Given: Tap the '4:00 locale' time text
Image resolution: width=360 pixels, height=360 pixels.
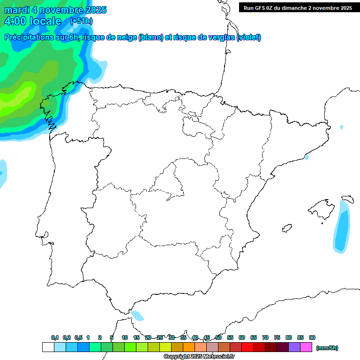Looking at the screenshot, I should [x=33, y=21].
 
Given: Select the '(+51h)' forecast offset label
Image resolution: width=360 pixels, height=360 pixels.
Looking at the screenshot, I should [x=81, y=21].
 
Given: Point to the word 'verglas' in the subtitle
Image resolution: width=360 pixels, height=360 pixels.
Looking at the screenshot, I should [x=218, y=37].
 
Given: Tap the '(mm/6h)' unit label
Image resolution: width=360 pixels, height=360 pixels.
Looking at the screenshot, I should [x=327, y=348].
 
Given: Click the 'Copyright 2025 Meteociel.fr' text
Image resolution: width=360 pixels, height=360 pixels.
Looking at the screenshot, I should [x=199, y=357].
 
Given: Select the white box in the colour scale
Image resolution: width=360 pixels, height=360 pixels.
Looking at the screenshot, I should [x=48, y=347].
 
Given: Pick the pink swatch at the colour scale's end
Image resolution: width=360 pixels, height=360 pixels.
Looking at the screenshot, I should [x=306, y=347].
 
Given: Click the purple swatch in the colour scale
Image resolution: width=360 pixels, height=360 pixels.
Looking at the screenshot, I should [x=294, y=347].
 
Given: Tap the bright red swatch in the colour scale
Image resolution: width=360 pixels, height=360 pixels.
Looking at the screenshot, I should [x=247, y=347].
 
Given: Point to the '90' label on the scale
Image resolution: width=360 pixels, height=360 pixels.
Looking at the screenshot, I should [x=312, y=337].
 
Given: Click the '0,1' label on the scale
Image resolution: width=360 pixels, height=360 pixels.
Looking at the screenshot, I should [x=55, y=337].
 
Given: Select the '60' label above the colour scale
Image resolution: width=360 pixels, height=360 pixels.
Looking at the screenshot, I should [x=242, y=337].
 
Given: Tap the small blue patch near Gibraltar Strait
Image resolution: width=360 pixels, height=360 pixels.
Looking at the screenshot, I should [x=137, y=315].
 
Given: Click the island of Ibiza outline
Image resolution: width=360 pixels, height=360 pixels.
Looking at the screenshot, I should [x=287, y=228].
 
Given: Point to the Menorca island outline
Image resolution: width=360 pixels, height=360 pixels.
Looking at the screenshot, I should [x=347, y=199].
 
